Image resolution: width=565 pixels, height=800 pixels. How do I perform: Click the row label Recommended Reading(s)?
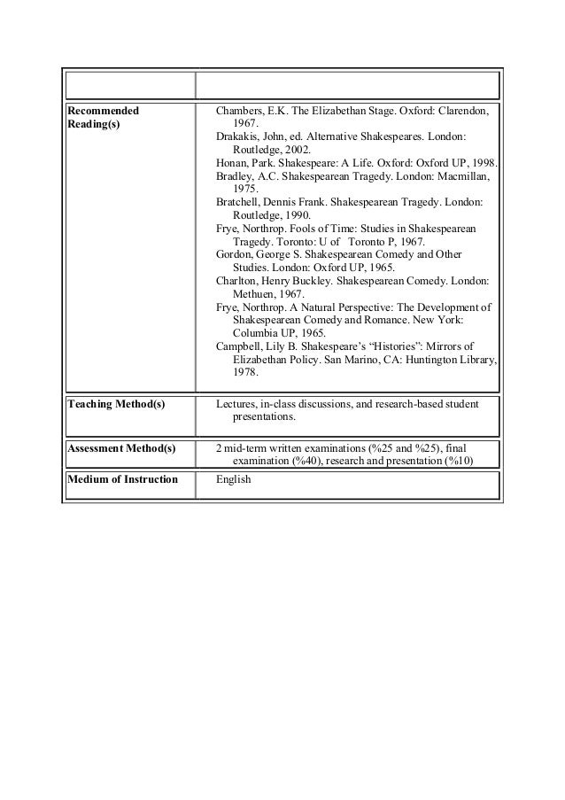(104, 119)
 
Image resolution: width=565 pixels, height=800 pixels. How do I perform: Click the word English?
(234, 480)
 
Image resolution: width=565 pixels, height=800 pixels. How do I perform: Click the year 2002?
(298, 151)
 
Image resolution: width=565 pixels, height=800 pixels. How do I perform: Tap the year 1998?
(484, 164)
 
